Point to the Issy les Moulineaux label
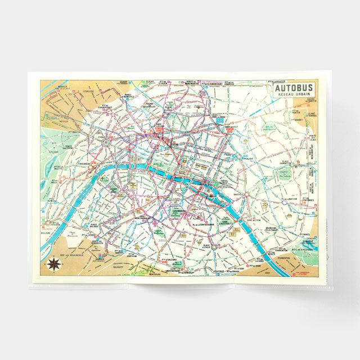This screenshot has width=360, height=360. (x=71, y=254)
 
